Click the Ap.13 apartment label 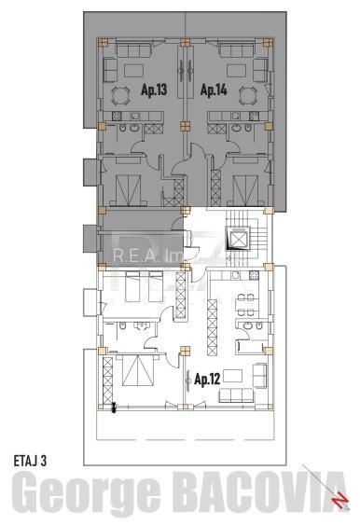point(154,90)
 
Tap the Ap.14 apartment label point(214,90)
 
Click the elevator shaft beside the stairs point(242,239)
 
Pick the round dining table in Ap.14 point(247,95)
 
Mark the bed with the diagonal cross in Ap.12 point(134,376)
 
